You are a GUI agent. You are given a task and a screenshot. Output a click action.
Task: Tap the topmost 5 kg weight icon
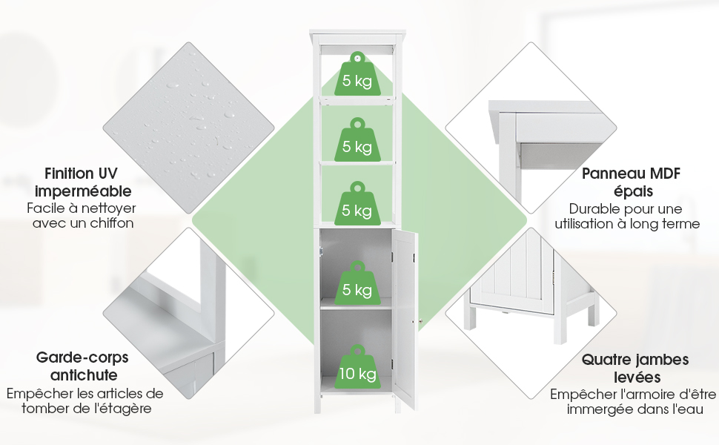(x=358, y=74)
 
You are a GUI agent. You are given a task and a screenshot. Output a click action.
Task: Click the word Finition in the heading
(x=63, y=174)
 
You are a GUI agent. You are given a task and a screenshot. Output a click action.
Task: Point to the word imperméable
(x=83, y=192)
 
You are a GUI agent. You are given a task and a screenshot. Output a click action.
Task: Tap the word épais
(x=633, y=191)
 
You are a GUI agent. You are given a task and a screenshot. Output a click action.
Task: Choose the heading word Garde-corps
(x=82, y=357)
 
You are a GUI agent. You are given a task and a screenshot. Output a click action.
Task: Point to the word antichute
(x=84, y=375)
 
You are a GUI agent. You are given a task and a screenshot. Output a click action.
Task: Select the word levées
(x=637, y=377)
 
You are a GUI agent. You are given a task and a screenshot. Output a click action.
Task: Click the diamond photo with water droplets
(x=188, y=128)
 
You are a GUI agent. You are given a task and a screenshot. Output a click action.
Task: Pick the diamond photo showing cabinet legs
(x=531, y=313)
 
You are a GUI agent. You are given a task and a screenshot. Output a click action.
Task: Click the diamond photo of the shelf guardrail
(x=188, y=313)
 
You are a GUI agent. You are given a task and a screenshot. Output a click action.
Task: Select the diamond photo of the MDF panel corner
(x=531, y=128)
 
